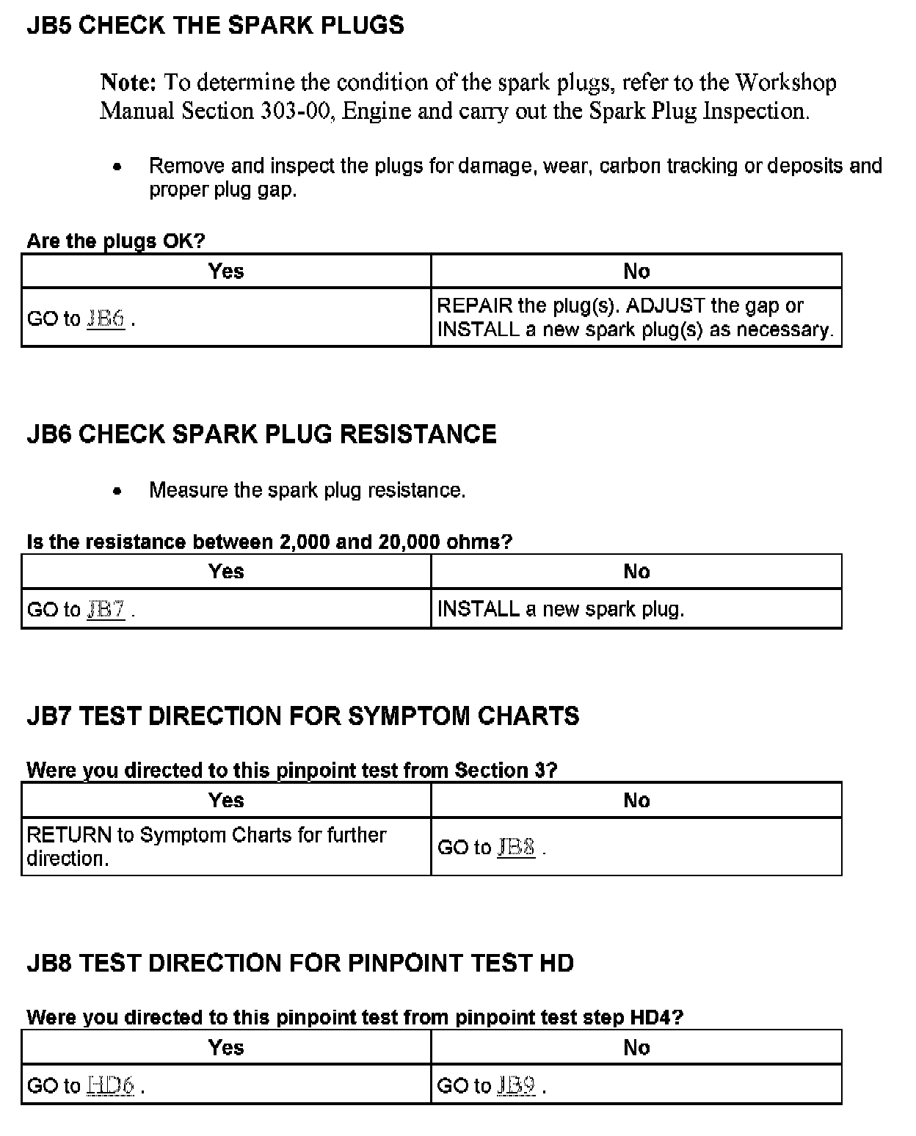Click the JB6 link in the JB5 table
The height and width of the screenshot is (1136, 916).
click(106, 318)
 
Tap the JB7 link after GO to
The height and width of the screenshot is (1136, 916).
click(106, 609)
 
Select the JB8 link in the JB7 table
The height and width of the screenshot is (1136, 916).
click(516, 847)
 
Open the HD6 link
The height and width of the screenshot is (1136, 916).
click(110, 1085)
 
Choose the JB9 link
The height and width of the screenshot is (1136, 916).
click(516, 1085)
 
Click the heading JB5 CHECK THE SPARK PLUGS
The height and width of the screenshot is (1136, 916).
click(215, 26)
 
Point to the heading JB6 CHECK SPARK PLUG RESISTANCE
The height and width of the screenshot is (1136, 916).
click(261, 434)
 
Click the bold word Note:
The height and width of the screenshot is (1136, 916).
click(128, 82)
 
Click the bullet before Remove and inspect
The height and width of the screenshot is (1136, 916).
click(117, 167)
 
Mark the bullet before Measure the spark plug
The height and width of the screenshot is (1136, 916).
click(117, 491)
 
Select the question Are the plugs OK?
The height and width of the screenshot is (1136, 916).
click(116, 241)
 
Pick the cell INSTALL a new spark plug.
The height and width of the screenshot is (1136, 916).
click(561, 609)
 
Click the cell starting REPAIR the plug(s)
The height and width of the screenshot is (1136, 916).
click(635, 317)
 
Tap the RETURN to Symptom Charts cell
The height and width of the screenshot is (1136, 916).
click(206, 846)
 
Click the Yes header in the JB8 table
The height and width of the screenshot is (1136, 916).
click(226, 1047)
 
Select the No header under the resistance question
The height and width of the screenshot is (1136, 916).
click(636, 572)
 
